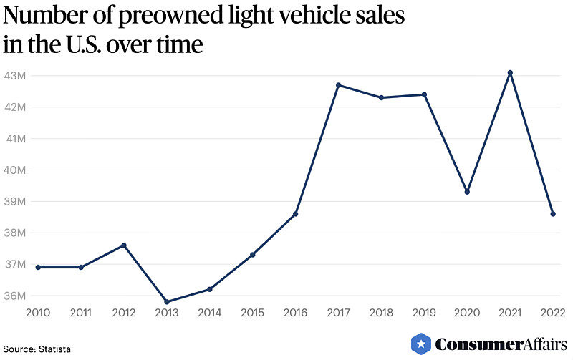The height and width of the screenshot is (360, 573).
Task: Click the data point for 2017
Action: [x=338, y=85]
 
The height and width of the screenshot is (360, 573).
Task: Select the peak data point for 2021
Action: [x=510, y=72]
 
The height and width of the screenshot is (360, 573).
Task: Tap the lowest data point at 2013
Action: [x=167, y=301]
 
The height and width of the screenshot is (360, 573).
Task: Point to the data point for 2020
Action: [x=467, y=192]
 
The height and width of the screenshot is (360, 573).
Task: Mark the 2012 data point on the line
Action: [x=124, y=245]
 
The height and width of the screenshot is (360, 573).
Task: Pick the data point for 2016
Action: [x=295, y=214]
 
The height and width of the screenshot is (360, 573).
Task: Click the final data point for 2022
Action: [x=553, y=214]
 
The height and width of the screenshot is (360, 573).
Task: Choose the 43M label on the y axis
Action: [x=15, y=76]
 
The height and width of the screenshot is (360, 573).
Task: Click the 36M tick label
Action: [x=15, y=296]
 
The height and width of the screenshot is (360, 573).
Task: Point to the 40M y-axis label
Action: [x=15, y=170]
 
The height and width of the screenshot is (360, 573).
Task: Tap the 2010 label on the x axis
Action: [x=38, y=313]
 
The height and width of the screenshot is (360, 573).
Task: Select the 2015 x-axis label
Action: [x=252, y=313]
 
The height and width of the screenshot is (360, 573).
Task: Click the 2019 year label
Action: [x=424, y=313]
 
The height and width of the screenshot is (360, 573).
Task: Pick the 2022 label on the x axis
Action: [x=553, y=313]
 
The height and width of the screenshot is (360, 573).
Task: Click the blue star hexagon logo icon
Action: [x=421, y=344]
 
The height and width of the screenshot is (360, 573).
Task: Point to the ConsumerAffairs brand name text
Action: [x=497, y=344]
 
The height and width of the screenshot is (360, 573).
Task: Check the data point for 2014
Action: [x=210, y=289]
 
